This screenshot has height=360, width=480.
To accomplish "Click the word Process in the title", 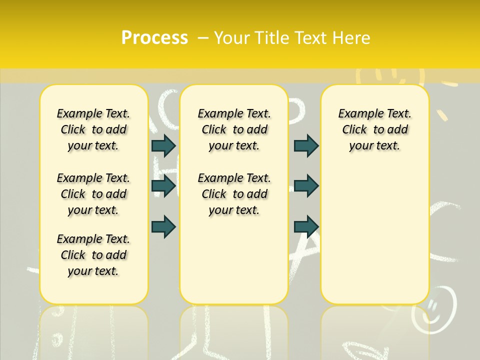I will click(x=154, y=38).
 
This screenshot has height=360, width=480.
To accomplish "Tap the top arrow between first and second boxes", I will click(x=163, y=145).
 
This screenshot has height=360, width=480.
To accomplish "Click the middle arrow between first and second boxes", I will click(x=163, y=186).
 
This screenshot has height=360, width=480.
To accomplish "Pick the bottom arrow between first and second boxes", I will click(x=163, y=226).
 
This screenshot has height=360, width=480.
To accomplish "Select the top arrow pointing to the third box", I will click(x=306, y=145).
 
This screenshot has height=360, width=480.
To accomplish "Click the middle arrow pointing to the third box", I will click(x=306, y=186).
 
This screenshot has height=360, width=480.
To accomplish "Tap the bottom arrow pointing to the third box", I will click(x=306, y=226).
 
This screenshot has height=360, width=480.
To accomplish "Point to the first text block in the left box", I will click(x=93, y=129).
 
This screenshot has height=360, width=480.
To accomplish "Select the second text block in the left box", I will click(x=93, y=194).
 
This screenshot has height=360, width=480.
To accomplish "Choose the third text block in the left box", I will click(x=93, y=255).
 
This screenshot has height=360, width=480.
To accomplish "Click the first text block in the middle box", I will click(x=234, y=129).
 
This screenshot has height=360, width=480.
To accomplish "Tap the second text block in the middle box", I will click(x=234, y=194).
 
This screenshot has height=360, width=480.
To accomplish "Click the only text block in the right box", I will click(x=374, y=129).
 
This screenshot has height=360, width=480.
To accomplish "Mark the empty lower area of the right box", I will click(x=374, y=230).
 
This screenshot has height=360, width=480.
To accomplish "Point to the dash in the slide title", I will click(x=203, y=38).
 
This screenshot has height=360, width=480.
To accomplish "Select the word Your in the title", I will click(x=231, y=38).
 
